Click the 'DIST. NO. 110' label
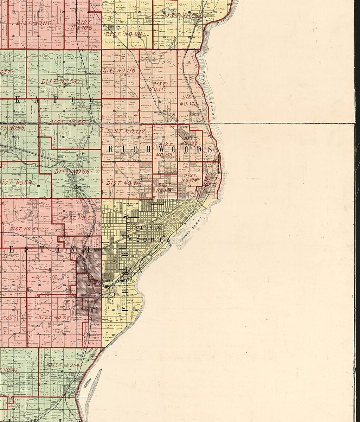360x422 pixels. click(34, 23)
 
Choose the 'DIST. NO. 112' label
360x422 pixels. click(188, 100)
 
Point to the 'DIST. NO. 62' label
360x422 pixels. click(78, 218)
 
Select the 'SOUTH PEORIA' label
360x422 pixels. click(112, 281)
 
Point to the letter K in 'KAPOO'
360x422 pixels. click(18, 100)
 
